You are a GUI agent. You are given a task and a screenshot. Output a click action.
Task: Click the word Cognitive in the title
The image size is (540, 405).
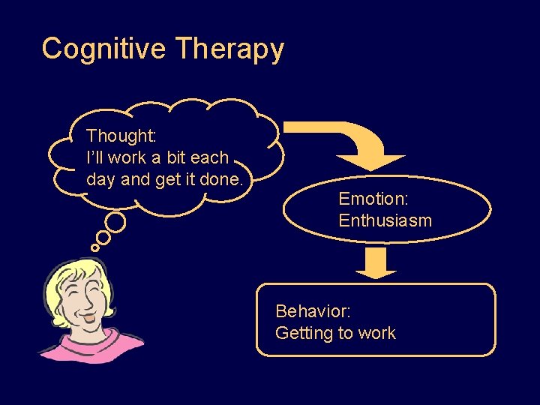tap(104, 49)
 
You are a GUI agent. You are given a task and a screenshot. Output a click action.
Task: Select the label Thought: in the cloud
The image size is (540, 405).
tap(121, 136)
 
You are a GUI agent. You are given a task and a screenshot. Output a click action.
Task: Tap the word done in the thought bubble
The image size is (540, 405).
tap(223, 179)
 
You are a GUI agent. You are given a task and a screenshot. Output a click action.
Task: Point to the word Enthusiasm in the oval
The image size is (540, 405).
tap(385, 220)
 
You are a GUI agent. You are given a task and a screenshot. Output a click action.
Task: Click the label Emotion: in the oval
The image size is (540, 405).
tap(373, 199)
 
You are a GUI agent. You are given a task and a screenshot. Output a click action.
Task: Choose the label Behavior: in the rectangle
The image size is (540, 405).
tap(313, 310)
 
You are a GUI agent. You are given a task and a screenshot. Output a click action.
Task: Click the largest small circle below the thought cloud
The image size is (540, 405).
tap(115, 222)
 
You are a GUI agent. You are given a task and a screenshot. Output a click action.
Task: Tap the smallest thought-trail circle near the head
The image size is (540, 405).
tap(94, 247)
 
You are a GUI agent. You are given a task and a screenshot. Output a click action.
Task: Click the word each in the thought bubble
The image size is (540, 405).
tap(210, 158)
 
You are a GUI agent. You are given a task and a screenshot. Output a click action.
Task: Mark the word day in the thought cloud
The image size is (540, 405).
tap(100, 180)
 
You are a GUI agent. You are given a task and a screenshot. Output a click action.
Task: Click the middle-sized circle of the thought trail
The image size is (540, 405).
tap(103, 237)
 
